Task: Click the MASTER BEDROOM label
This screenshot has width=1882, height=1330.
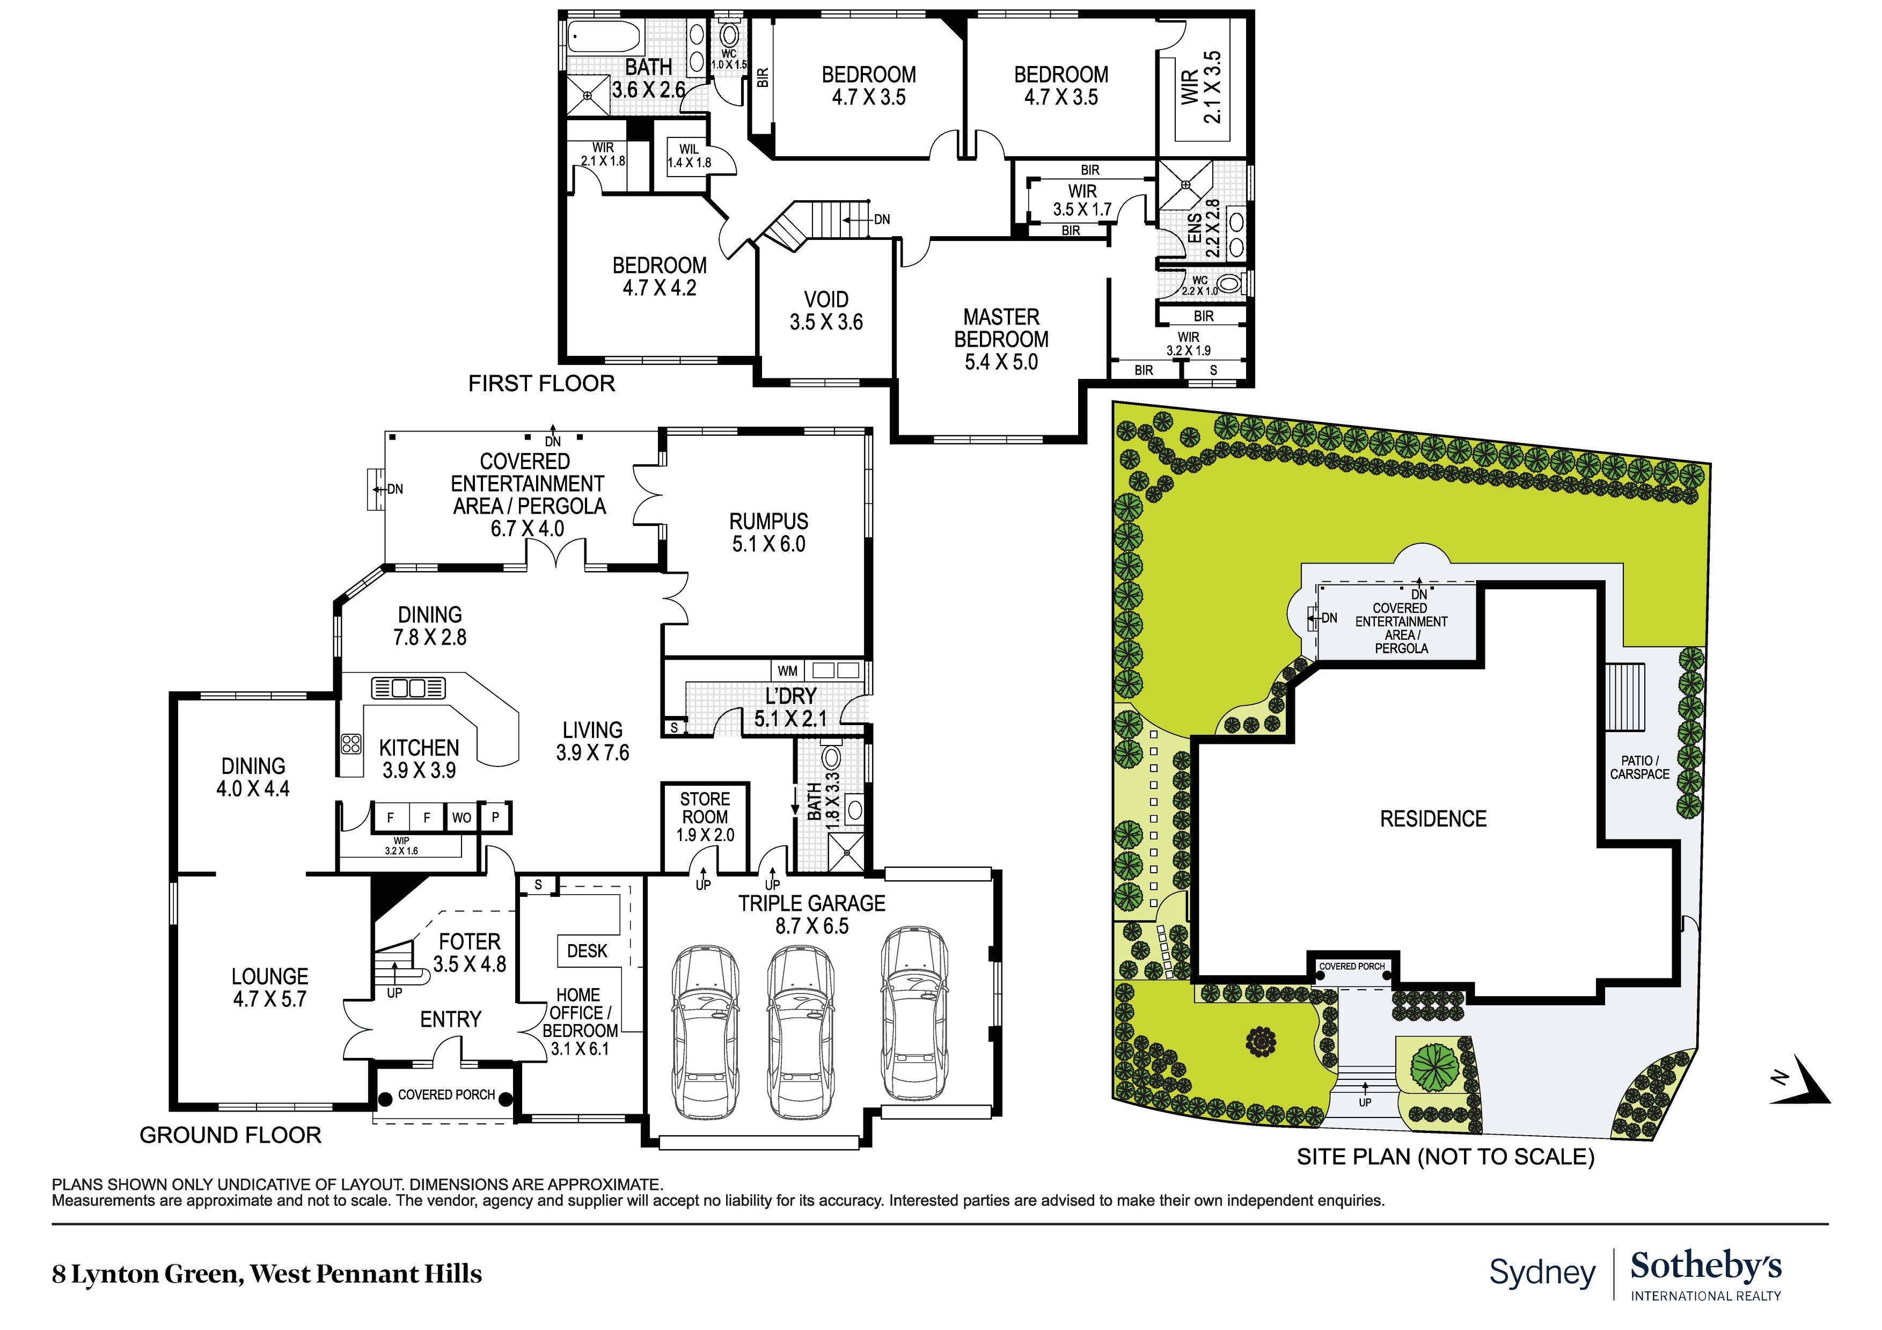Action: coord(1001,328)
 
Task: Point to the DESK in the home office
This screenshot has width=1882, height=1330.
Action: coord(587,951)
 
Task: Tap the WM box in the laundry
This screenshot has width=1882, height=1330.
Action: coord(787,671)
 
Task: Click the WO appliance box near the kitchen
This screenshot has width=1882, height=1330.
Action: coord(462,817)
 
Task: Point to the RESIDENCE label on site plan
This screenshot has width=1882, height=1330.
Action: coord(1433,819)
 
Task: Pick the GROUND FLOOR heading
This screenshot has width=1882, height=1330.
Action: coord(230,1135)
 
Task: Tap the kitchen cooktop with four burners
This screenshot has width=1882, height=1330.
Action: coord(351,744)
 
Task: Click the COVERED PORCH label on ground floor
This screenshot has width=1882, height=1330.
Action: coord(446,1095)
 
